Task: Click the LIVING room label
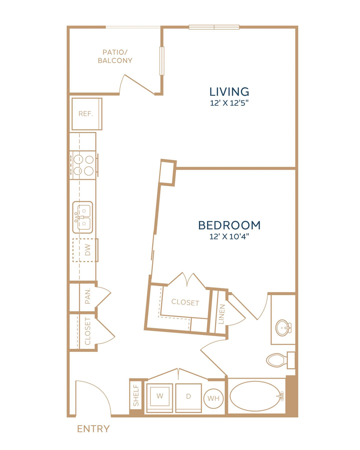(x=229, y=92)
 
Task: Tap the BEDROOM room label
(x=229, y=225)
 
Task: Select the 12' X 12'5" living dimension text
(x=229, y=103)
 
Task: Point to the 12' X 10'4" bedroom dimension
(x=229, y=237)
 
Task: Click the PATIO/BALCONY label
(x=115, y=56)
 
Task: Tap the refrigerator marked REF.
(x=87, y=114)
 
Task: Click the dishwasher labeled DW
(x=85, y=250)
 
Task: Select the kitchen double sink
(x=83, y=217)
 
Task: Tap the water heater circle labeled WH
(x=213, y=398)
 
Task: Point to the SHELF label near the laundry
(x=136, y=396)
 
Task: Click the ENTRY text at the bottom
(x=93, y=429)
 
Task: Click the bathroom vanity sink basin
(x=283, y=328)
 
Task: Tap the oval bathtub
(x=255, y=396)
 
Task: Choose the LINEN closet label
(x=221, y=314)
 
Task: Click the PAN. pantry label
(x=88, y=296)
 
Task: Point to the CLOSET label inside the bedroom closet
(x=185, y=302)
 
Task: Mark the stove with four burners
(x=84, y=165)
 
